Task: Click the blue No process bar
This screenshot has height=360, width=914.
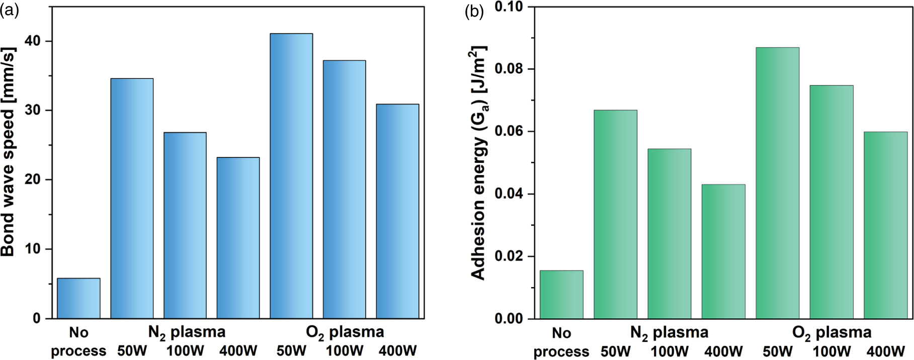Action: (x=78, y=298)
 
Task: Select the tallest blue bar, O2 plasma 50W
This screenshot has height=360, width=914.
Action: (x=291, y=176)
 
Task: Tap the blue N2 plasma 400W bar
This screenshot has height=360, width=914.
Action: (x=238, y=238)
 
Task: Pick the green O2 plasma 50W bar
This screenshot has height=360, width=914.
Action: (x=777, y=183)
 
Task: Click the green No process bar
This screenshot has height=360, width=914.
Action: (x=561, y=295)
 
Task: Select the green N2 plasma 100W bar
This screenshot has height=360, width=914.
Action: (x=669, y=234)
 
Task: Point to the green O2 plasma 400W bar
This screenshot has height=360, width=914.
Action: (x=885, y=225)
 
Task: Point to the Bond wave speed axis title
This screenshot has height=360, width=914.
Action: (x=9, y=151)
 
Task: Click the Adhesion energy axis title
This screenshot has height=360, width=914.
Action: (x=478, y=163)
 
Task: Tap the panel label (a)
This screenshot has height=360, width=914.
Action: (x=9, y=10)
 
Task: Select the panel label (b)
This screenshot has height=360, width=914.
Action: (x=474, y=11)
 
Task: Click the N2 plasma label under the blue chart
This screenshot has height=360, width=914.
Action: (x=187, y=332)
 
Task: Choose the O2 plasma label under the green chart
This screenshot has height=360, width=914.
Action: (x=832, y=333)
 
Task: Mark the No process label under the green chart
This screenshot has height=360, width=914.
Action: (x=561, y=342)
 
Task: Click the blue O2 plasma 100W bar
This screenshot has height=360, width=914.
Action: (x=344, y=190)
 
